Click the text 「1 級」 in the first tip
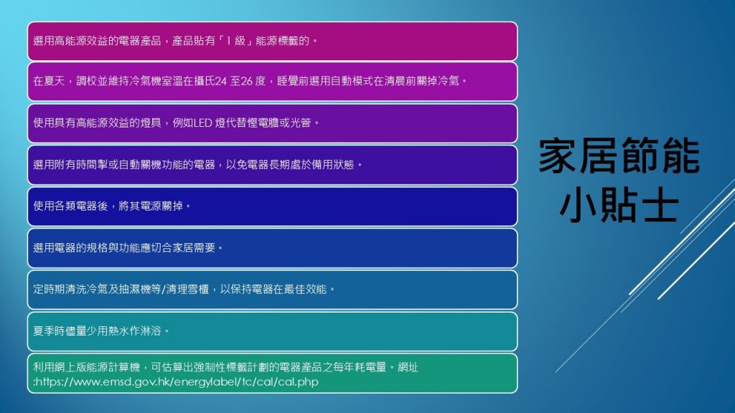pyautogui.click(x=235, y=41)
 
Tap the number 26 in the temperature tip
pyautogui.click(x=247, y=81)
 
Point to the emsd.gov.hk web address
pyautogui.click(x=177, y=382)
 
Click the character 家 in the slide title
pyautogui.click(x=558, y=156)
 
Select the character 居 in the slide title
pyautogui.click(x=599, y=156)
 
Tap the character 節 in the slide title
pyautogui.click(x=640, y=156)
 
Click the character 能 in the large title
pyautogui.click(x=680, y=156)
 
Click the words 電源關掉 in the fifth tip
pyautogui.click(x=161, y=206)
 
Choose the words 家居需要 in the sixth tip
pyautogui.click(x=194, y=247)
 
